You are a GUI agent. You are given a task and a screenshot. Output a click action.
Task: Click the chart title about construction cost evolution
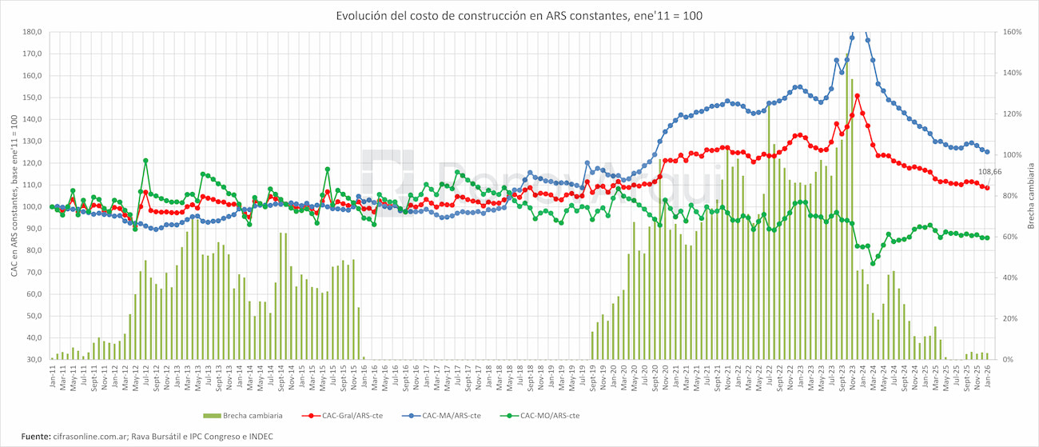[519, 15]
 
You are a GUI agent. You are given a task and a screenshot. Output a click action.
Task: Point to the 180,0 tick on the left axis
[32, 32]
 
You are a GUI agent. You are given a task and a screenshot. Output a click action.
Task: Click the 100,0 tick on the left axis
[32, 207]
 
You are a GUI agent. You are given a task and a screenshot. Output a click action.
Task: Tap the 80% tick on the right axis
[1009, 196]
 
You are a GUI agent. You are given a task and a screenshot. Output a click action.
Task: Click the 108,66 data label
[989, 172]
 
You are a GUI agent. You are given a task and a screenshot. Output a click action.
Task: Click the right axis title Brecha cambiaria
[1030, 196]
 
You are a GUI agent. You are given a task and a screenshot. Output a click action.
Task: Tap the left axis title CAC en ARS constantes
[14, 196]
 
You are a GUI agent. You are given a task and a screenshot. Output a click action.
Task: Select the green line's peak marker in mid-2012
[145, 161]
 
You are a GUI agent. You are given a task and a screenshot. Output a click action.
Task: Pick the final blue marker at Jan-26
[987, 152]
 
